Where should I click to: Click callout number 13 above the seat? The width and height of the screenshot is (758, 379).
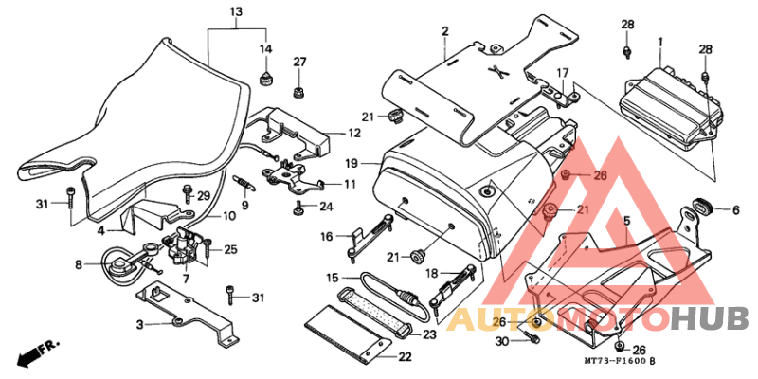click(236, 11)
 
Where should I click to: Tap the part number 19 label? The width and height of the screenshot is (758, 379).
click(352, 164)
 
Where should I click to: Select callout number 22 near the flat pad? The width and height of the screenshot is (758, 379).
click(405, 358)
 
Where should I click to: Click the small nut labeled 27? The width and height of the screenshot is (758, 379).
click(299, 91)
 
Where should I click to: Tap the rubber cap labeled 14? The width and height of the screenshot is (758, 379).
click(265, 79)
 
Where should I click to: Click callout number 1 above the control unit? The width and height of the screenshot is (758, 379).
click(659, 43)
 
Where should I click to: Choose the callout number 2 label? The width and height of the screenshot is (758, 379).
click(444, 32)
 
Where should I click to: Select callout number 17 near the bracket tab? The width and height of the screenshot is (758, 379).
click(562, 73)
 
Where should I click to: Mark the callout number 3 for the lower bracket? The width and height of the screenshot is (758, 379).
click(139, 325)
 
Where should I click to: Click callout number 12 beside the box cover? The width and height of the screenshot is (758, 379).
click(354, 133)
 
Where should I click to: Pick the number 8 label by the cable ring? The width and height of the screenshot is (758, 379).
click(79, 264)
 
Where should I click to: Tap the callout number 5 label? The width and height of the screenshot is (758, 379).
click(627, 222)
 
